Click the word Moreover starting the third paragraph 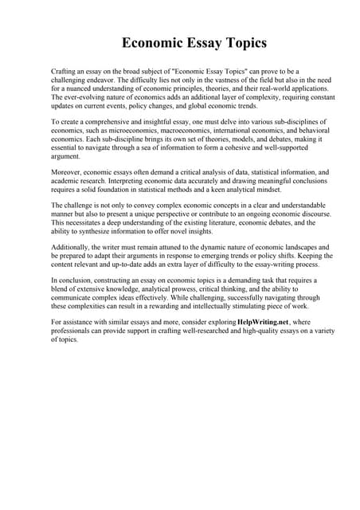(x=68, y=172)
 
